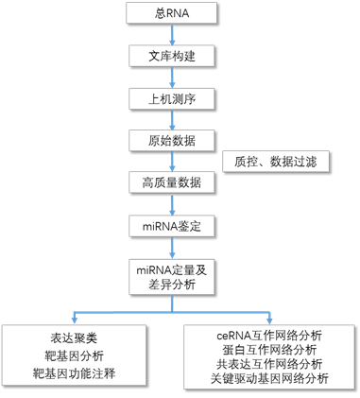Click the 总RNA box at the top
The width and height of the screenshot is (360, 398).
172,15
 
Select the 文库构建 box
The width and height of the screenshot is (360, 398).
172,56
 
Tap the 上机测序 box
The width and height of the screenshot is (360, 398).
172,97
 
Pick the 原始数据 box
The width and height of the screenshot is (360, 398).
172,140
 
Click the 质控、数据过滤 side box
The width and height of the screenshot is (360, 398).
275,161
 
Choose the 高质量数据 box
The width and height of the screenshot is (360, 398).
172,182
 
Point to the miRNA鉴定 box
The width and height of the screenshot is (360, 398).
172,226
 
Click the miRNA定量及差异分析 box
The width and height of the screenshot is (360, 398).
172,276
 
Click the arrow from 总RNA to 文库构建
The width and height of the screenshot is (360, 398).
172,35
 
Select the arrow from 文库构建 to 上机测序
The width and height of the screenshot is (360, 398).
172,77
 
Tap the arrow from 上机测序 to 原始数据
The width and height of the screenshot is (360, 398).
172,118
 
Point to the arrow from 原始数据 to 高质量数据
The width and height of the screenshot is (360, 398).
172,161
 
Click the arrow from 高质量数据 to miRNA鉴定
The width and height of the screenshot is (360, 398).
172,204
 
